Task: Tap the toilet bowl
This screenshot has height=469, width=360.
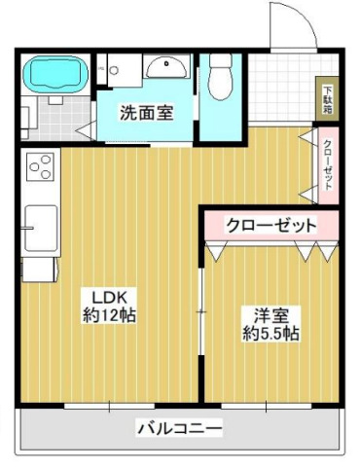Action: [x=218, y=79]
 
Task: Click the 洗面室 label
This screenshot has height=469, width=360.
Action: [x=147, y=111]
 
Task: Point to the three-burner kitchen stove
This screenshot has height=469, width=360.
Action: [x=40, y=170]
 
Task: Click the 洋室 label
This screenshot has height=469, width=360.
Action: [x=270, y=315]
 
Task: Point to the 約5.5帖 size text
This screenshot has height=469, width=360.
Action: [x=270, y=334]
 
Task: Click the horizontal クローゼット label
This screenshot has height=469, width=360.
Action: [x=271, y=225]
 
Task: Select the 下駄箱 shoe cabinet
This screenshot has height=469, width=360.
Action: [x=328, y=98]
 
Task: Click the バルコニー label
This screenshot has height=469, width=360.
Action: [x=179, y=427]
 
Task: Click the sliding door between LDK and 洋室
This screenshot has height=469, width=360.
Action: [x=201, y=311]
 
